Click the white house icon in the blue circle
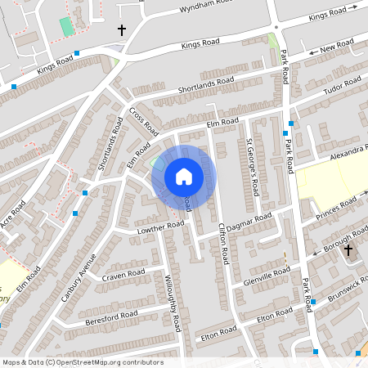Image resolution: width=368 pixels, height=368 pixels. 183,176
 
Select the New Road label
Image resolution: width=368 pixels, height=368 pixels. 337,46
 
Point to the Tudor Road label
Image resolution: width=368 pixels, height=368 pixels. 343,85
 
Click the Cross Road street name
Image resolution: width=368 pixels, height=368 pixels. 145,120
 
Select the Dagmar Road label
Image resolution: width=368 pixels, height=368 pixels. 251,220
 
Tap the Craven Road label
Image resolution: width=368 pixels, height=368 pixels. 123,274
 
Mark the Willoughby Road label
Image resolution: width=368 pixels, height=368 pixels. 173,303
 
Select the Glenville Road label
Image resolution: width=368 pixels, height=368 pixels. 267,276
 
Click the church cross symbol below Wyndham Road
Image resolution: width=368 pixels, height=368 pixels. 122,30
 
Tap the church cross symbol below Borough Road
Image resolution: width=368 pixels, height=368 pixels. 348,250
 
